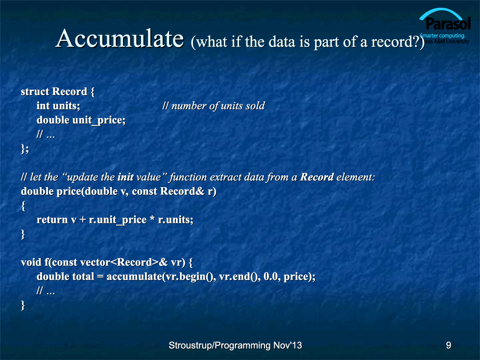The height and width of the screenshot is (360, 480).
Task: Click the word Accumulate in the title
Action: tap(120, 39)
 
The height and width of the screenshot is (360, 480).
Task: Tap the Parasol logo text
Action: tap(448, 24)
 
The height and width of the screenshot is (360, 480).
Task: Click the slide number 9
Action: tap(449, 345)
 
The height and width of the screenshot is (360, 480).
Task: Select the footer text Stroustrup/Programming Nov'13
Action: tap(235, 345)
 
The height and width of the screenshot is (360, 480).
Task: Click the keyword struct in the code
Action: tap(35, 91)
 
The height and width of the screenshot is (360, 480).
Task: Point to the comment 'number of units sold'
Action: tap(218, 106)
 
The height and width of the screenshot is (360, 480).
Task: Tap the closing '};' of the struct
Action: tap(25, 149)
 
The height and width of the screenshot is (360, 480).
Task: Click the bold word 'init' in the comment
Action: tap(125, 177)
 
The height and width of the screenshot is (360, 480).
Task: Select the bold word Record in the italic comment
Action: tap(317, 177)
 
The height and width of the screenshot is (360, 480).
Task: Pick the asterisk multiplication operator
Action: tap(152, 219)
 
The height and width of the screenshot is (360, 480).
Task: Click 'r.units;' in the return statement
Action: tap(175, 219)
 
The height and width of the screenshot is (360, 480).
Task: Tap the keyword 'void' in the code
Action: tap(31, 262)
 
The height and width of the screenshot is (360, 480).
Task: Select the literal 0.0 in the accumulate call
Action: tap(270, 276)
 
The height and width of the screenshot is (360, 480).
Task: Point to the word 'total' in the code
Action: tap(83, 276)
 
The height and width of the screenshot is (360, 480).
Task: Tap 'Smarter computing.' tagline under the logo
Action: tap(442, 35)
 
